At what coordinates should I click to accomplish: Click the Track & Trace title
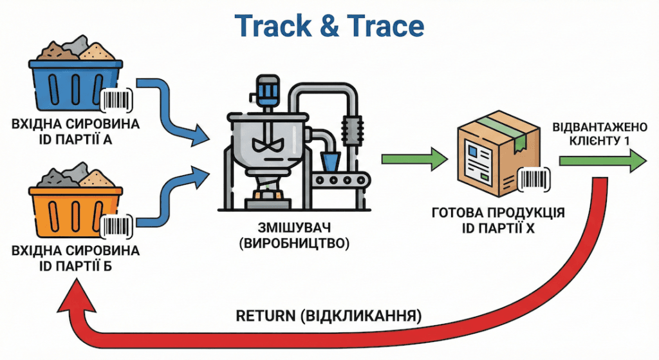(x=329, y=26)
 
